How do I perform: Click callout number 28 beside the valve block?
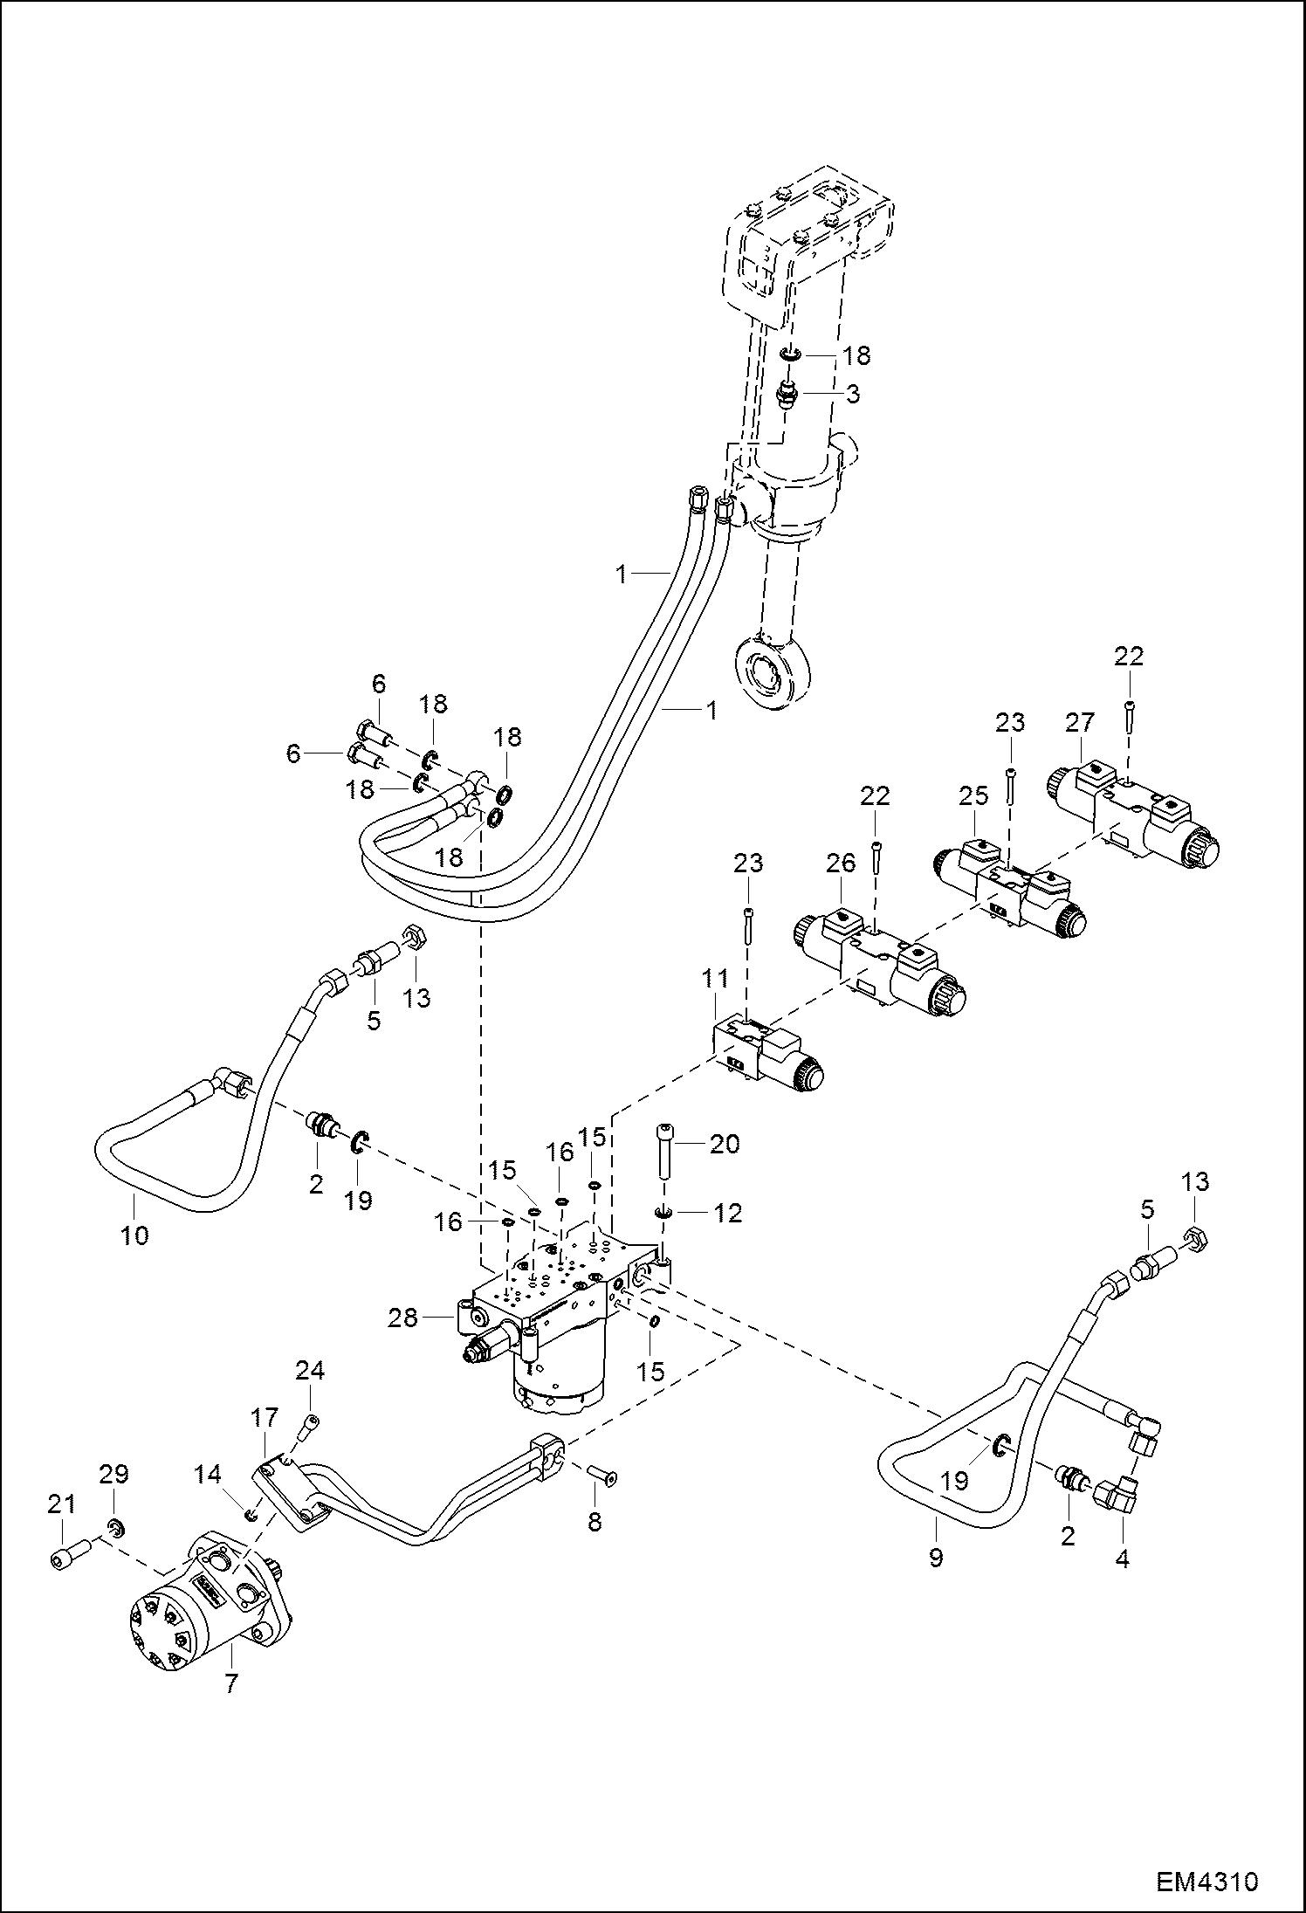pyautogui.click(x=402, y=1318)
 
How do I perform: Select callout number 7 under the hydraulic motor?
pyautogui.click(x=230, y=1683)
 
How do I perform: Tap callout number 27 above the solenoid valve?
pyautogui.click(x=1079, y=723)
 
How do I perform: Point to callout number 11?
pyautogui.click(x=715, y=980)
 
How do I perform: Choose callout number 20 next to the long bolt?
pyautogui.click(x=725, y=1143)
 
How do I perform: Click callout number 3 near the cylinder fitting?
pyautogui.click(x=852, y=393)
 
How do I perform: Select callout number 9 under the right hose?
pyautogui.click(x=936, y=1557)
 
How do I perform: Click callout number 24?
pyautogui.click(x=310, y=1372)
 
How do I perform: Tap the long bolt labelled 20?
pyautogui.click(x=663, y=1153)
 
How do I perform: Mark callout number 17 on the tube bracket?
pyautogui.click(x=265, y=1416)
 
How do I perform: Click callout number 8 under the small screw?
pyautogui.click(x=595, y=1522)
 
